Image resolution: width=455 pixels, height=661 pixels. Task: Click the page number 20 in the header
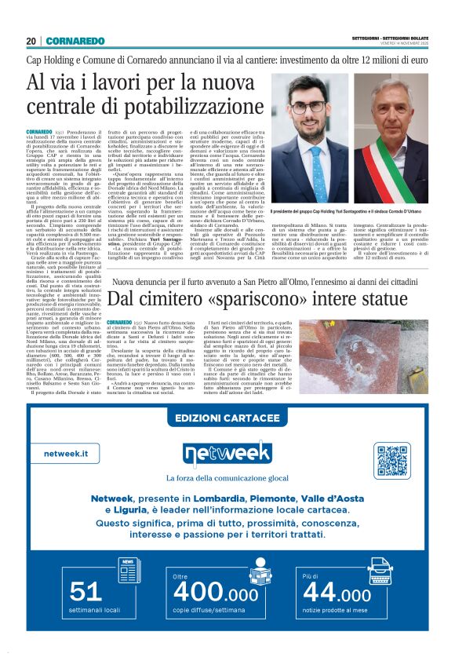[31, 41]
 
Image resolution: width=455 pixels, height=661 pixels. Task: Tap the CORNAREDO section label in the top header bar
[75, 41]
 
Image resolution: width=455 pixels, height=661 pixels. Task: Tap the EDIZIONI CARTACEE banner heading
[227, 417]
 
